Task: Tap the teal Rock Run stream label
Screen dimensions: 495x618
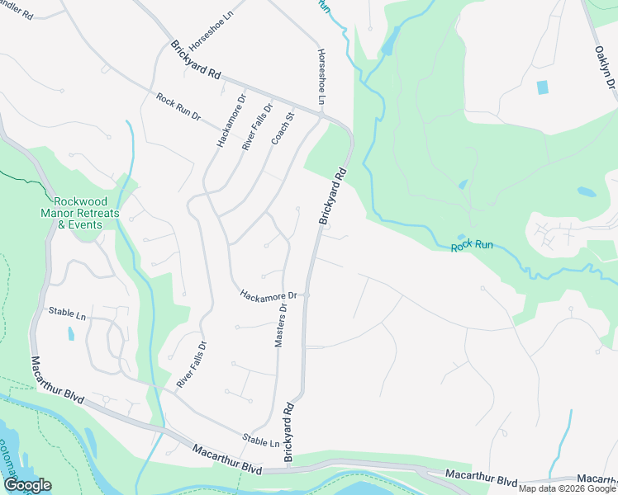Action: (x=472, y=246)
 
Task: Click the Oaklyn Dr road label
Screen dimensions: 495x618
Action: (x=606, y=70)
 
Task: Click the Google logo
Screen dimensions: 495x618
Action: (x=27, y=485)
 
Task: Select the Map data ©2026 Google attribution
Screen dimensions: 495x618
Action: (x=567, y=488)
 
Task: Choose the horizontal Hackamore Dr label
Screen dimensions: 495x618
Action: (x=268, y=295)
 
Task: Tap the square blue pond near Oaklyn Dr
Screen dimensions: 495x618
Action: (x=542, y=87)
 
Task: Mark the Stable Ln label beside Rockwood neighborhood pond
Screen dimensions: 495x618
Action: (x=68, y=314)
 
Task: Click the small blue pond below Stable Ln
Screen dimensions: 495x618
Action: (x=71, y=334)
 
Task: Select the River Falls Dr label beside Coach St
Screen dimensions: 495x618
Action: (x=257, y=127)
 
